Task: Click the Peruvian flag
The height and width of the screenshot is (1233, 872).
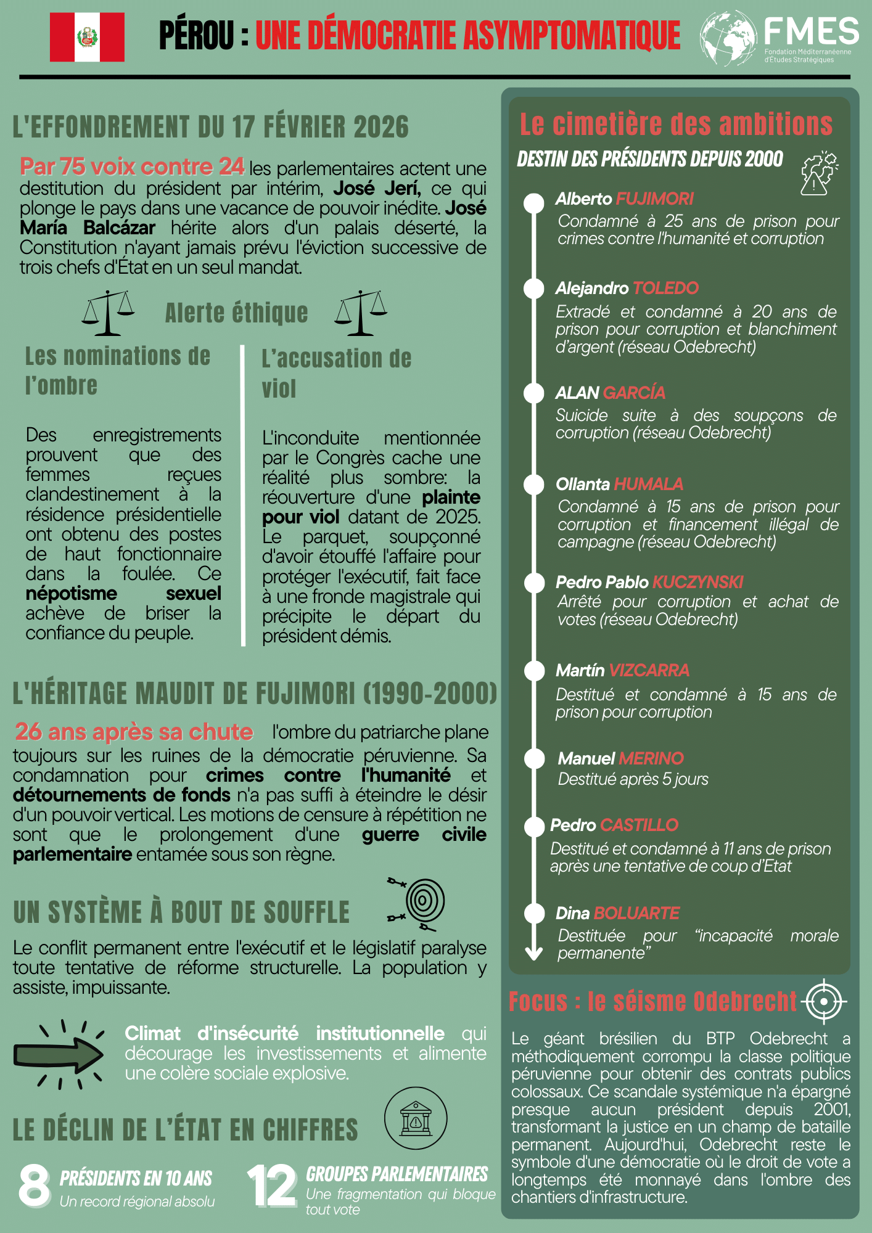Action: pyautogui.click(x=87, y=37)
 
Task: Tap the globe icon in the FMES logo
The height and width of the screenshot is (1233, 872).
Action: pyautogui.click(x=728, y=38)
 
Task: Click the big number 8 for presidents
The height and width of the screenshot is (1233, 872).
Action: pyautogui.click(x=35, y=1184)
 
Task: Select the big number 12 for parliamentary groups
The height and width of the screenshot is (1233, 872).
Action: pyautogui.click(x=271, y=1185)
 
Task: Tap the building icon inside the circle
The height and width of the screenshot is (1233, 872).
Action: pyautogui.click(x=416, y=1118)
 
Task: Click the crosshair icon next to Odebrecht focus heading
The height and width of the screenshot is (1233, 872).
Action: pyautogui.click(x=825, y=1001)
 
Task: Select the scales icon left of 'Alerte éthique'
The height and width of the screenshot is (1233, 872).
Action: pyautogui.click(x=109, y=313)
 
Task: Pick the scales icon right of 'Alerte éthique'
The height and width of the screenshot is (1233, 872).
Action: pyautogui.click(x=361, y=313)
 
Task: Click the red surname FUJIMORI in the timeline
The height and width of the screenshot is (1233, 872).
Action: pyautogui.click(x=654, y=199)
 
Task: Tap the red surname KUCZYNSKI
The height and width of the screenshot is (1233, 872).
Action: pyautogui.click(x=697, y=582)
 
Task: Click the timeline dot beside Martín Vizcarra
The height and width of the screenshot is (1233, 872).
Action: pyautogui.click(x=534, y=671)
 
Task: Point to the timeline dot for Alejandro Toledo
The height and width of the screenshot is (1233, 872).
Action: pyautogui.click(x=534, y=289)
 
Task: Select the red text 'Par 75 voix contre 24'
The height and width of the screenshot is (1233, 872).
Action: pyautogui.click(x=132, y=166)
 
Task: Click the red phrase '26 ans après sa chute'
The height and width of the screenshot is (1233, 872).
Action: pyautogui.click(x=134, y=732)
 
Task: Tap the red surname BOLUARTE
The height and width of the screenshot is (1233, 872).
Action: pyautogui.click(x=636, y=913)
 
